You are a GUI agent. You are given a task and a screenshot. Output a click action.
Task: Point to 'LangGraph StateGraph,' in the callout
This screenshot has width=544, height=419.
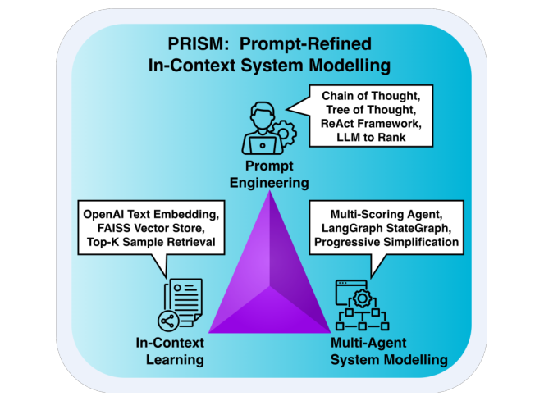(383, 230)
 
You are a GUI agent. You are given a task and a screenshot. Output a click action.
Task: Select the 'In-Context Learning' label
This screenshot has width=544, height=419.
(171, 352)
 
